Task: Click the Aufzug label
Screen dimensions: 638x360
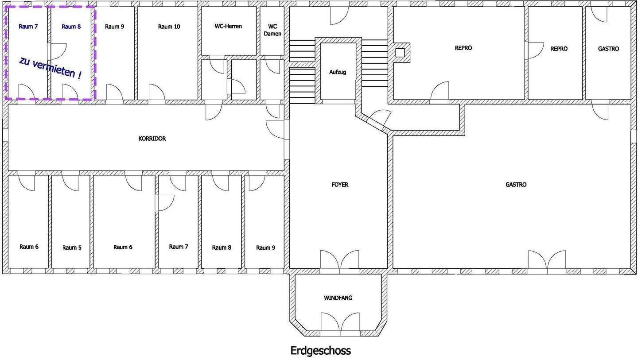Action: [338, 72]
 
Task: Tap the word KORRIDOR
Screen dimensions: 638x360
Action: [152, 139]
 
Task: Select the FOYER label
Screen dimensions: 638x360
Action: [340, 185]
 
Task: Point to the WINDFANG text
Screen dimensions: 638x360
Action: [338, 298]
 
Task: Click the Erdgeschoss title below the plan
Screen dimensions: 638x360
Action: [320, 351]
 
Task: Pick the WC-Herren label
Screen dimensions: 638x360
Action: [228, 26]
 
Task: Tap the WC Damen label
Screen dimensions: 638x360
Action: [272, 30]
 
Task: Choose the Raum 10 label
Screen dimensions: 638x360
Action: [169, 27]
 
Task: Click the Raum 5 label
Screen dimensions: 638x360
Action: [72, 248]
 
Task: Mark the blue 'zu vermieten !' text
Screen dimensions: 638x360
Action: [51, 68]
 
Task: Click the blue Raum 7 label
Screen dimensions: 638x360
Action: [28, 27]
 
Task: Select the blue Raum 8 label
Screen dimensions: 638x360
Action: [71, 27]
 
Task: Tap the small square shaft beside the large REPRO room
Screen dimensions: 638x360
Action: [400, 53]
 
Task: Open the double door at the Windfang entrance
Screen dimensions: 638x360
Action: [340, 322]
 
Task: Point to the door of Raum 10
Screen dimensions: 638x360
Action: [157, 92]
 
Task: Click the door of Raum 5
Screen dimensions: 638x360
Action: [70, 183]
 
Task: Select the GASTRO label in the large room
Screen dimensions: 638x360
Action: [516, 185]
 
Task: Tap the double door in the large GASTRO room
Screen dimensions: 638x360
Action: [547, 259]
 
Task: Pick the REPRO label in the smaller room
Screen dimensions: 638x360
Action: [559, 49]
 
